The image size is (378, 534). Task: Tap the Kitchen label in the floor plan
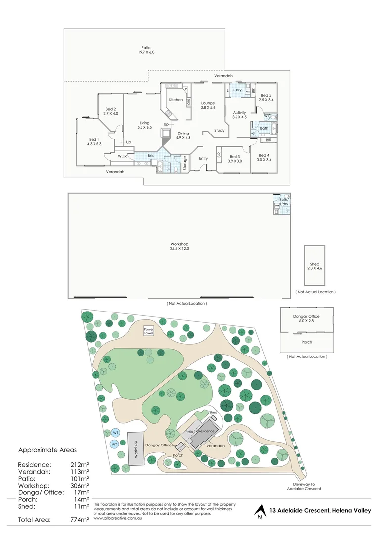coord(176,100)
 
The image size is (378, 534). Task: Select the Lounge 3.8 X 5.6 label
coord(208,105)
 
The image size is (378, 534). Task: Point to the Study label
coord(219,130)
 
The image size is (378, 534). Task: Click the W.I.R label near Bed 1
coord(123,156)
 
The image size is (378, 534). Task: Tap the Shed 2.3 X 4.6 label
coord(315,266)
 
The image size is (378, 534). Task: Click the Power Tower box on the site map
coord(149,331)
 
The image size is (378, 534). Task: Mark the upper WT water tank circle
coord(115,433)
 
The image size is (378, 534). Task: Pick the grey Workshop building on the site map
coord(136,447)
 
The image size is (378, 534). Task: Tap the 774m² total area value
coord(80,520)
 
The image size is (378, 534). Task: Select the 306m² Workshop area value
coord(80,486)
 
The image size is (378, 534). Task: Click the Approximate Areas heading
coord(47,451)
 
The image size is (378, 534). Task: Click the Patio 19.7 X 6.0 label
coord(145,49)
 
